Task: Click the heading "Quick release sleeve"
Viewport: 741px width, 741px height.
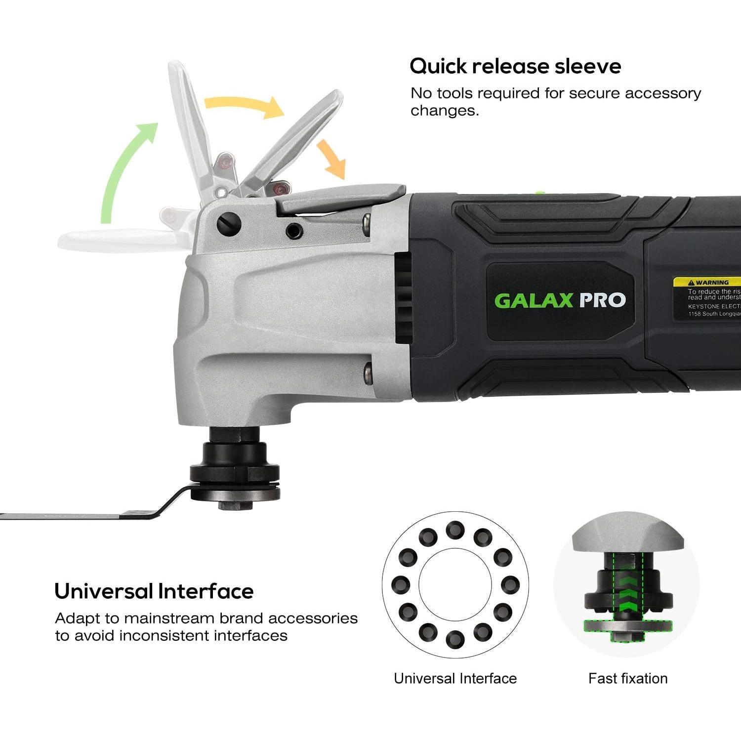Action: coord(515,66)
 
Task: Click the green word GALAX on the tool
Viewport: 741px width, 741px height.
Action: coord(534,300)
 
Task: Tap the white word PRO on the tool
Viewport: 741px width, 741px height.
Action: coord(602,300)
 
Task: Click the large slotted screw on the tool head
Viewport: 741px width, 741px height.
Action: coord(229,224)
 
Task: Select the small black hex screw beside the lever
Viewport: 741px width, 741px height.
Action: coord(295,229)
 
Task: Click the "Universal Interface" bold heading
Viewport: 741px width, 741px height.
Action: coord(154,591)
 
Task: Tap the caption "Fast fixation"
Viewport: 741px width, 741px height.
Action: coord(627,678)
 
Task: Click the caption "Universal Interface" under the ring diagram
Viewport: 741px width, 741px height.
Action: coord(455,678)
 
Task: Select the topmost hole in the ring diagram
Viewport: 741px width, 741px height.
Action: coord(455,530)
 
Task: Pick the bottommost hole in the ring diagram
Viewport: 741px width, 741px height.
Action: coord(455,639)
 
